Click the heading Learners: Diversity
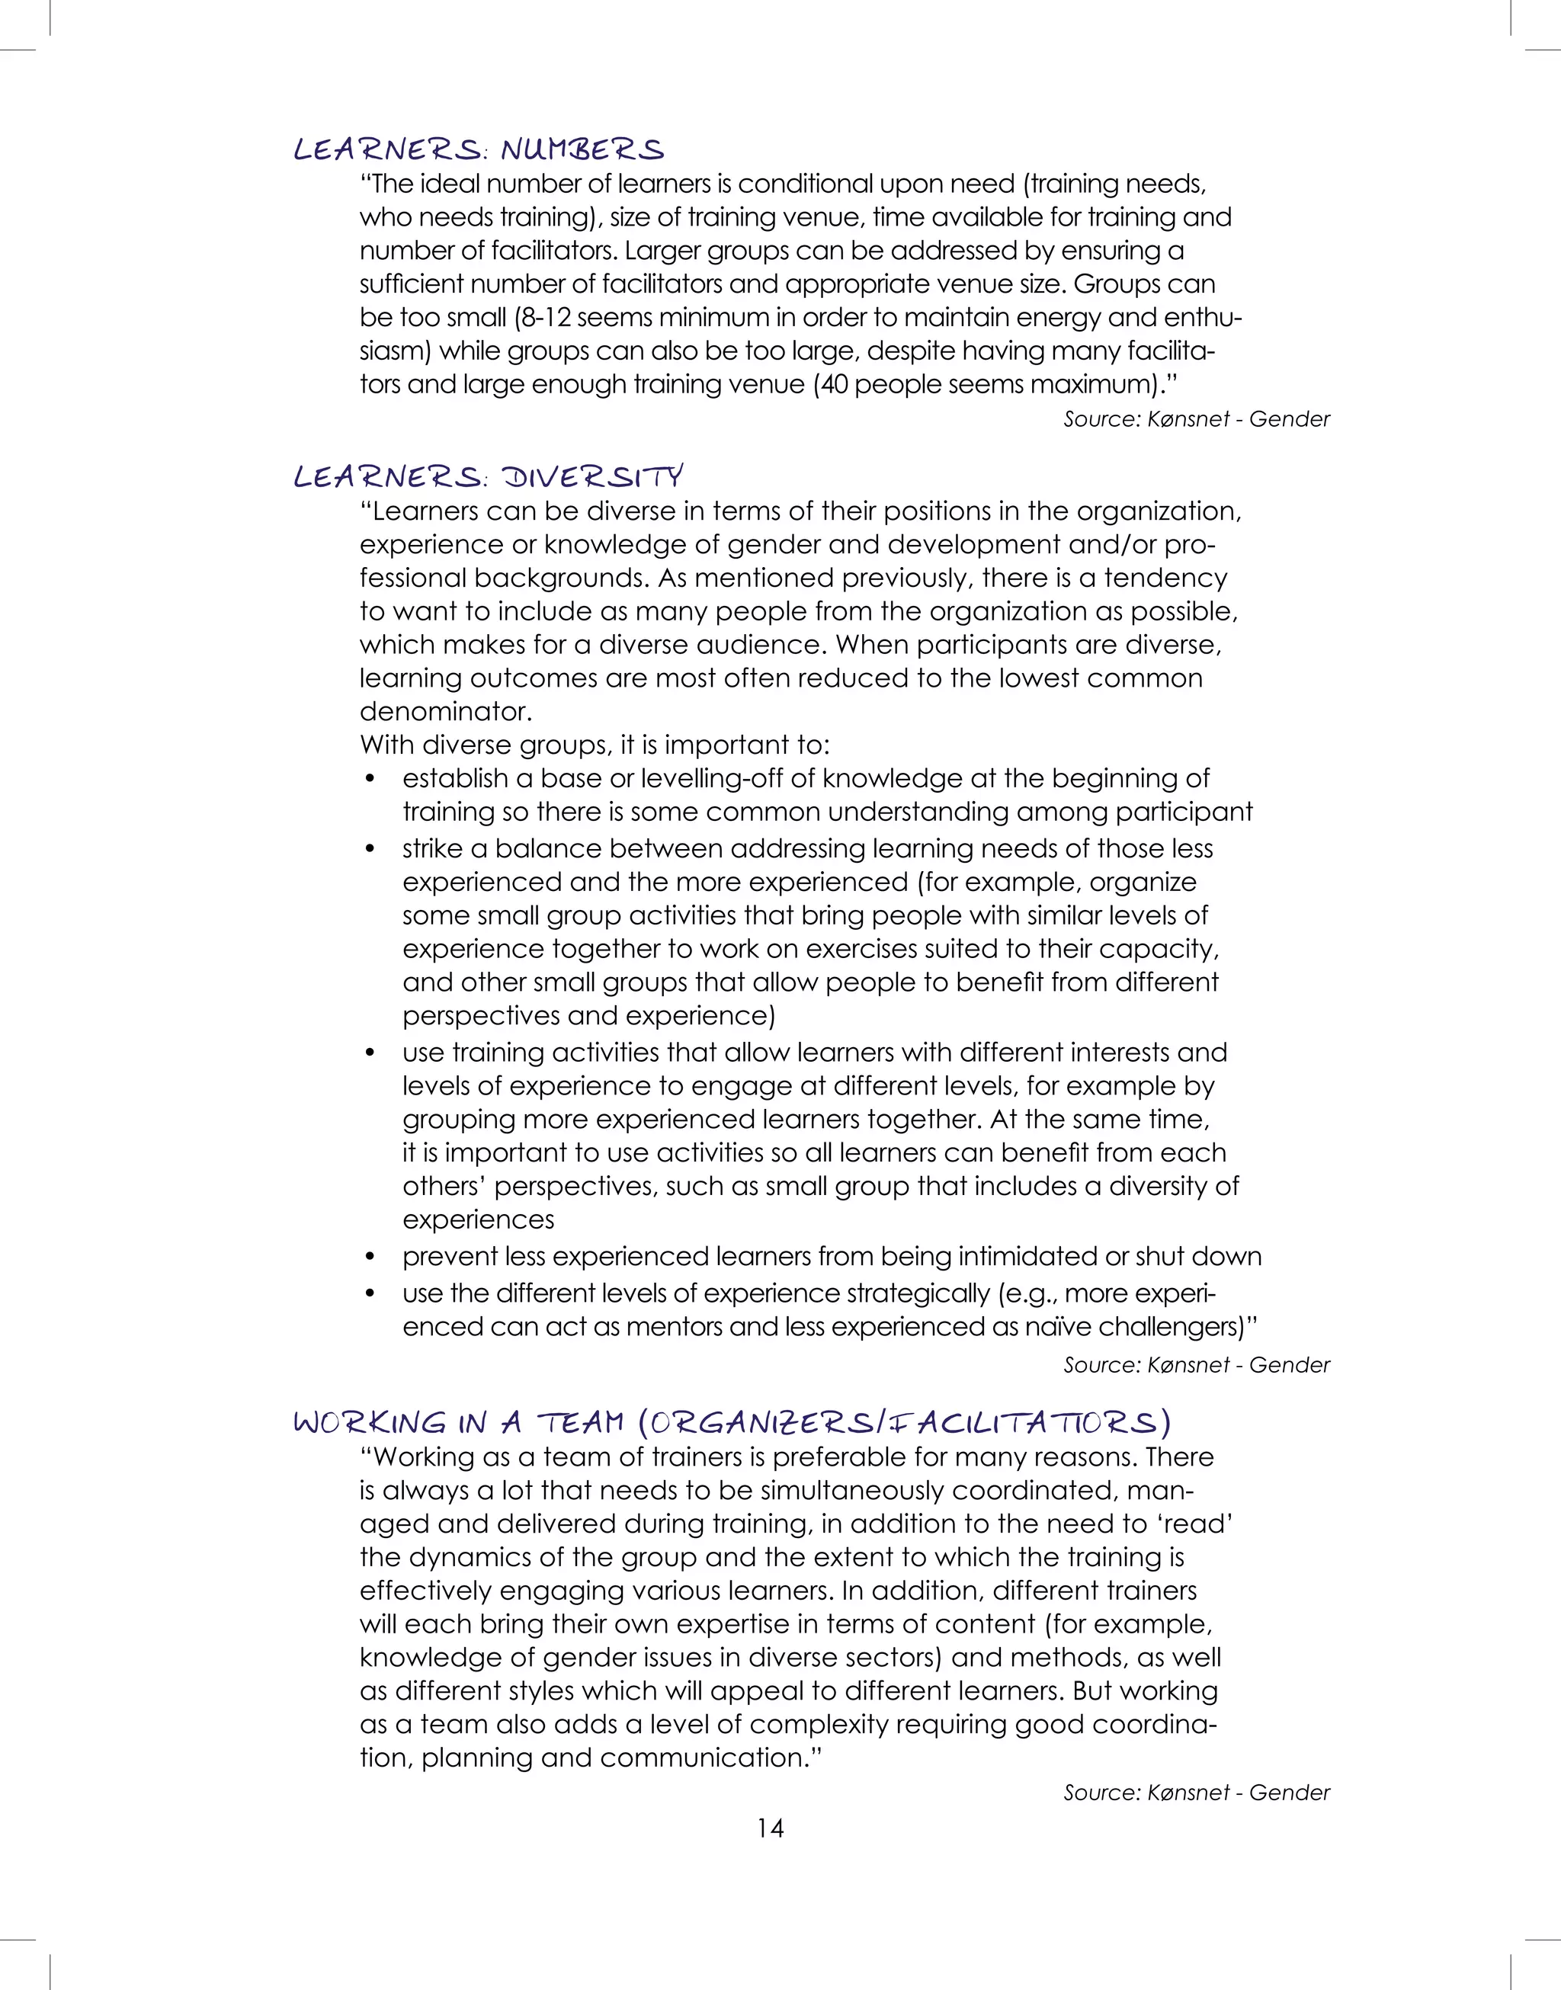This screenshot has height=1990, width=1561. (488, 476)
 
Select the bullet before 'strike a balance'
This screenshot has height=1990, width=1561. (370, 849)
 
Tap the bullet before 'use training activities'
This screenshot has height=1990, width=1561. (370, 1053)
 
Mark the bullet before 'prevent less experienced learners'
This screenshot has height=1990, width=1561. (370, 1258)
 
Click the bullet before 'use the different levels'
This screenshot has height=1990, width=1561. (370, 1294)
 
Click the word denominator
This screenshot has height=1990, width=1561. (445, 711)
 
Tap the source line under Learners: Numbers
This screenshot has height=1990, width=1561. (1195, 419)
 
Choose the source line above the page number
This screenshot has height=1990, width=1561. (1195, 1793)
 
